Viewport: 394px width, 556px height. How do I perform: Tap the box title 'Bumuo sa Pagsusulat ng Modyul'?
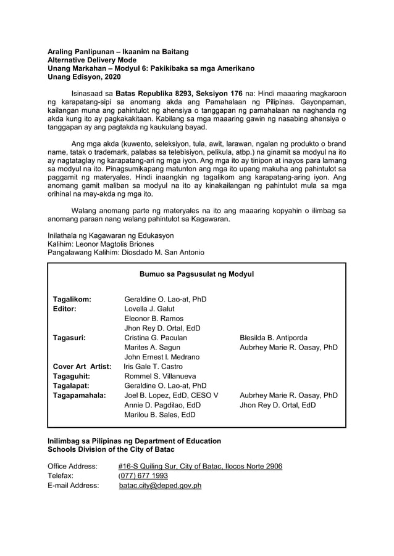point(196,274)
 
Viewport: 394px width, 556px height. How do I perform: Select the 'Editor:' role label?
point(64,309)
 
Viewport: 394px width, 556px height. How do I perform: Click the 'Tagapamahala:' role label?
point(78,395)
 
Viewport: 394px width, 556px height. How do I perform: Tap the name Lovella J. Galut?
point(149,309)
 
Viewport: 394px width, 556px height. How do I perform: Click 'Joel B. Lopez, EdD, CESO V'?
point(172,395)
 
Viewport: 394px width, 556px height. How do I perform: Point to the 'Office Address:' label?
point(72,466)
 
